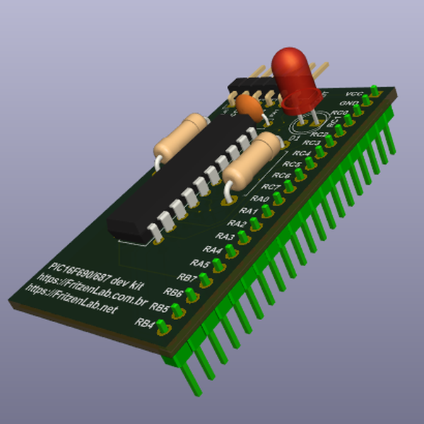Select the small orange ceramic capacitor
click(249, 105)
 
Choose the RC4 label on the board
click(302, 153)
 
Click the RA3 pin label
click(225, 236)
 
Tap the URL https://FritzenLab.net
click(71, 299)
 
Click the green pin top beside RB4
click(163, 326)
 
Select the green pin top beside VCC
click(375, 91)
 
